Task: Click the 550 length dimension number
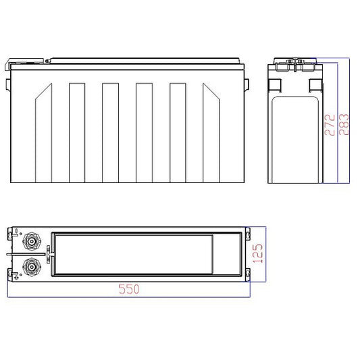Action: point(129,289)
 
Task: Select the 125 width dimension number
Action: point(257,253)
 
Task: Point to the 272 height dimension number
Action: point(330,125)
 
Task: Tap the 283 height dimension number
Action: point(344,124)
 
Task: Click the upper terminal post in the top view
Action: point(32,241)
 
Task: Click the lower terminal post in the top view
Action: point(32,267)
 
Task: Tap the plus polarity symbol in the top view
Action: point(16,278)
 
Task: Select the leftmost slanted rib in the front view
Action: point(43,133)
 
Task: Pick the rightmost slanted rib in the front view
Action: point(211,133)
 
